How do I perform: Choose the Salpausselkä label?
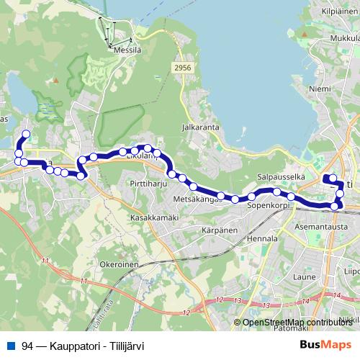click(x=282, y=177)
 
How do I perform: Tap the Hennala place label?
click(x=262, y=238)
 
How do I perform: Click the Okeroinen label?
click(x=120, y=264)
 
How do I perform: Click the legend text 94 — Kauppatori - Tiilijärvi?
click(x=83, y=346)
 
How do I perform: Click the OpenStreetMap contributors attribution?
click(x=296, y=323)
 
